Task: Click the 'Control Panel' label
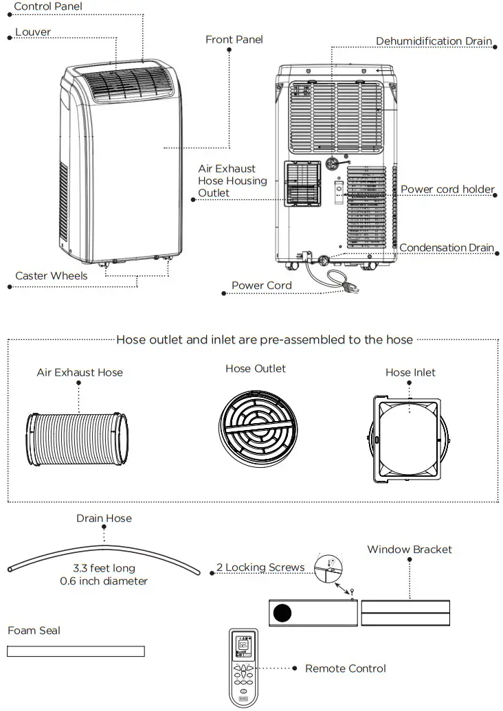[x=48, y=7]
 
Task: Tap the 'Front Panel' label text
[x=234, y=40]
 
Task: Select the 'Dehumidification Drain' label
[x=434, y=41]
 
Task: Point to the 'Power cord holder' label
[x=447, y=190]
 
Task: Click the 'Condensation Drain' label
[x=447, y=248]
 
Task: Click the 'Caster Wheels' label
[x=52, y=276]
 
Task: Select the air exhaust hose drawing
[x=77, y=438]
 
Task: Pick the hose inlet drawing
[x=409, y=438]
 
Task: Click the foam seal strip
[x=76, y=651]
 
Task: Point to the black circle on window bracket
[x=281, y=611]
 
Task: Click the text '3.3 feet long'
[x=104, y=569]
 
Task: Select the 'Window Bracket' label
[x=410, y=550]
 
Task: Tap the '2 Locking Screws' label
[x=260, y=567]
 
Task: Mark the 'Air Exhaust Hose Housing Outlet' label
[x=232, y=181]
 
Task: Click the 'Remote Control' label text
[x=346, y=668]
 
